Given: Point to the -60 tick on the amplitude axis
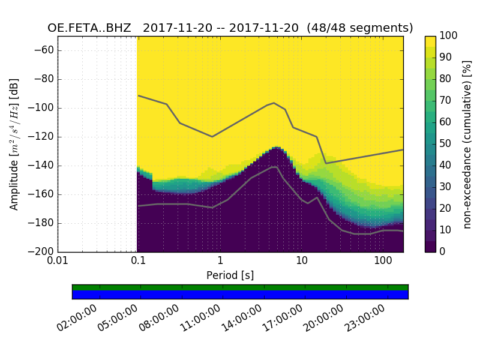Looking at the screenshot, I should click(x=44, y=50).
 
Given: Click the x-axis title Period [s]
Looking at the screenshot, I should click(x=230, y=275).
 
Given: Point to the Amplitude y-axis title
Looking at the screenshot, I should click(x=14, y=144).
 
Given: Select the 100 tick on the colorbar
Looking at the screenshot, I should click(x=449, y=36).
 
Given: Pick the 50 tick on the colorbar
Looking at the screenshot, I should click(x=446, y=144).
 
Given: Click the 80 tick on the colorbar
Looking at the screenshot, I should click(x=446, y=79).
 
